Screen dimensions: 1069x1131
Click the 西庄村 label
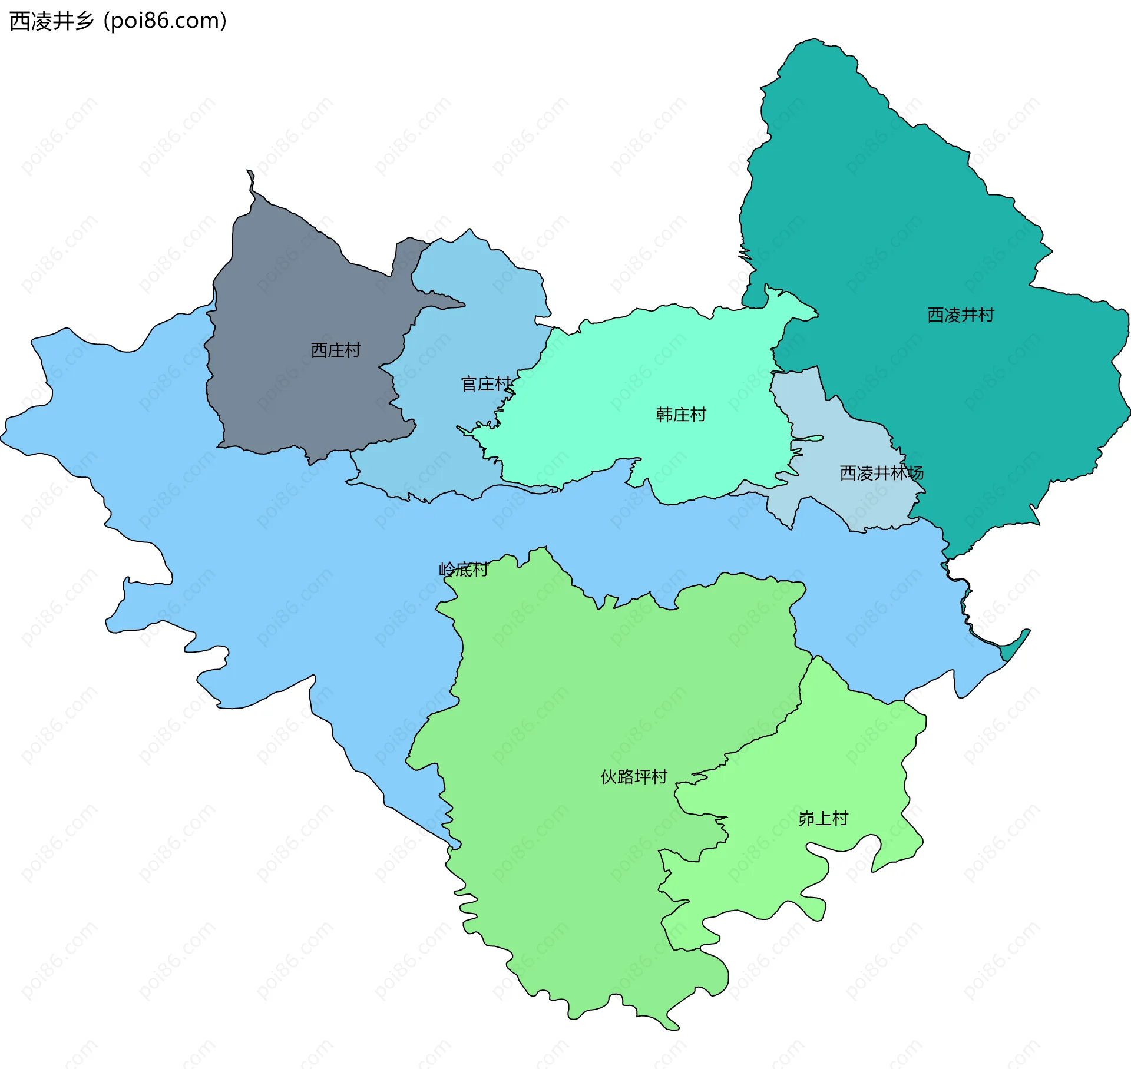click(335, 350)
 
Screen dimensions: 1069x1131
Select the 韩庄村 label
click(681, 415)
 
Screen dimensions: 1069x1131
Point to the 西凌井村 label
click(960, 315)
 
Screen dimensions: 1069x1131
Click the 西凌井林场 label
click(881, 472)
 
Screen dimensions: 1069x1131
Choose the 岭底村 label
click(464, 569)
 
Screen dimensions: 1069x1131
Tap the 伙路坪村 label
click(633, 776)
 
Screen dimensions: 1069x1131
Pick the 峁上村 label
click(823, 818)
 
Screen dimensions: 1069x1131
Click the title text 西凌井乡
click(52, 21)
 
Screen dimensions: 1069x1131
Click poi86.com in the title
click(165, 21)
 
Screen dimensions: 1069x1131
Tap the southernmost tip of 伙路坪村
click(672, 1028)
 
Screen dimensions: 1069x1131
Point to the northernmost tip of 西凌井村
click(815, 41)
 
